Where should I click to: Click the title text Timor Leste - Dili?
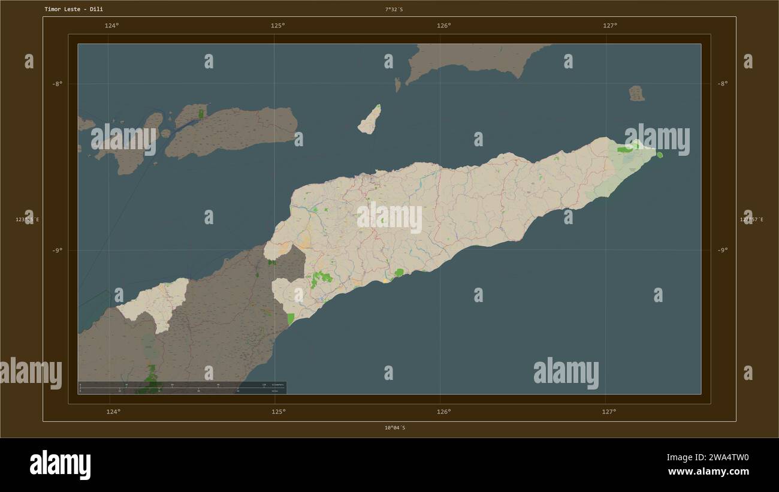73,10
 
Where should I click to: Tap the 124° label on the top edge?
111,25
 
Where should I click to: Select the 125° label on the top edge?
277,25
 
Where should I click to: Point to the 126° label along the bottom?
443,412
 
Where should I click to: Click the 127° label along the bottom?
609,412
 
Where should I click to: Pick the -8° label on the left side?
57,84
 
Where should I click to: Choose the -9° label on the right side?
723,250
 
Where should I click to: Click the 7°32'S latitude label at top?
394,10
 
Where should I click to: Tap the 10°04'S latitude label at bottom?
394,428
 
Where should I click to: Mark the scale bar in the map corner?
182,388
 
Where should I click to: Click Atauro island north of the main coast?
370,119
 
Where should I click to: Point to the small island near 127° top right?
636,93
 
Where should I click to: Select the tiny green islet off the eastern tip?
660,155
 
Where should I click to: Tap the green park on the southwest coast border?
291,319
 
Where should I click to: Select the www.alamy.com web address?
708,472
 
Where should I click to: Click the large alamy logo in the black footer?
61,465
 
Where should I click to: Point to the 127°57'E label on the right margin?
751,220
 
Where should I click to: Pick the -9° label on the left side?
57,250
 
